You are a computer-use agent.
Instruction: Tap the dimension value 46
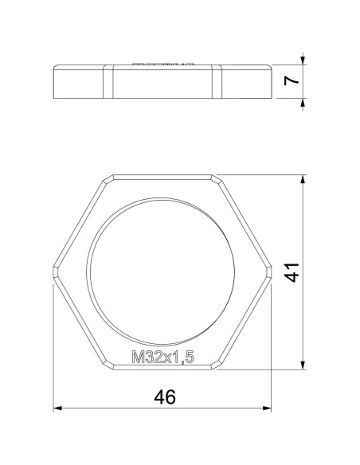163,396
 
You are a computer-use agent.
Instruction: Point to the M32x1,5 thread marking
162,358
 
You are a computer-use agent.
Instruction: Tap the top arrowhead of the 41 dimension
302,179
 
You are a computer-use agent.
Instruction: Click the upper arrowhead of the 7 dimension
303,58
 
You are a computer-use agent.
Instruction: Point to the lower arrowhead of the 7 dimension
303,100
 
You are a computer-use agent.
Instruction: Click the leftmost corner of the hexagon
54,272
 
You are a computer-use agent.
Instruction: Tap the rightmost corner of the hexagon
272,272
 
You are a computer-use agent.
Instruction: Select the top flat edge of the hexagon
162,174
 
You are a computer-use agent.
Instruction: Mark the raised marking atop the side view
162,62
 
